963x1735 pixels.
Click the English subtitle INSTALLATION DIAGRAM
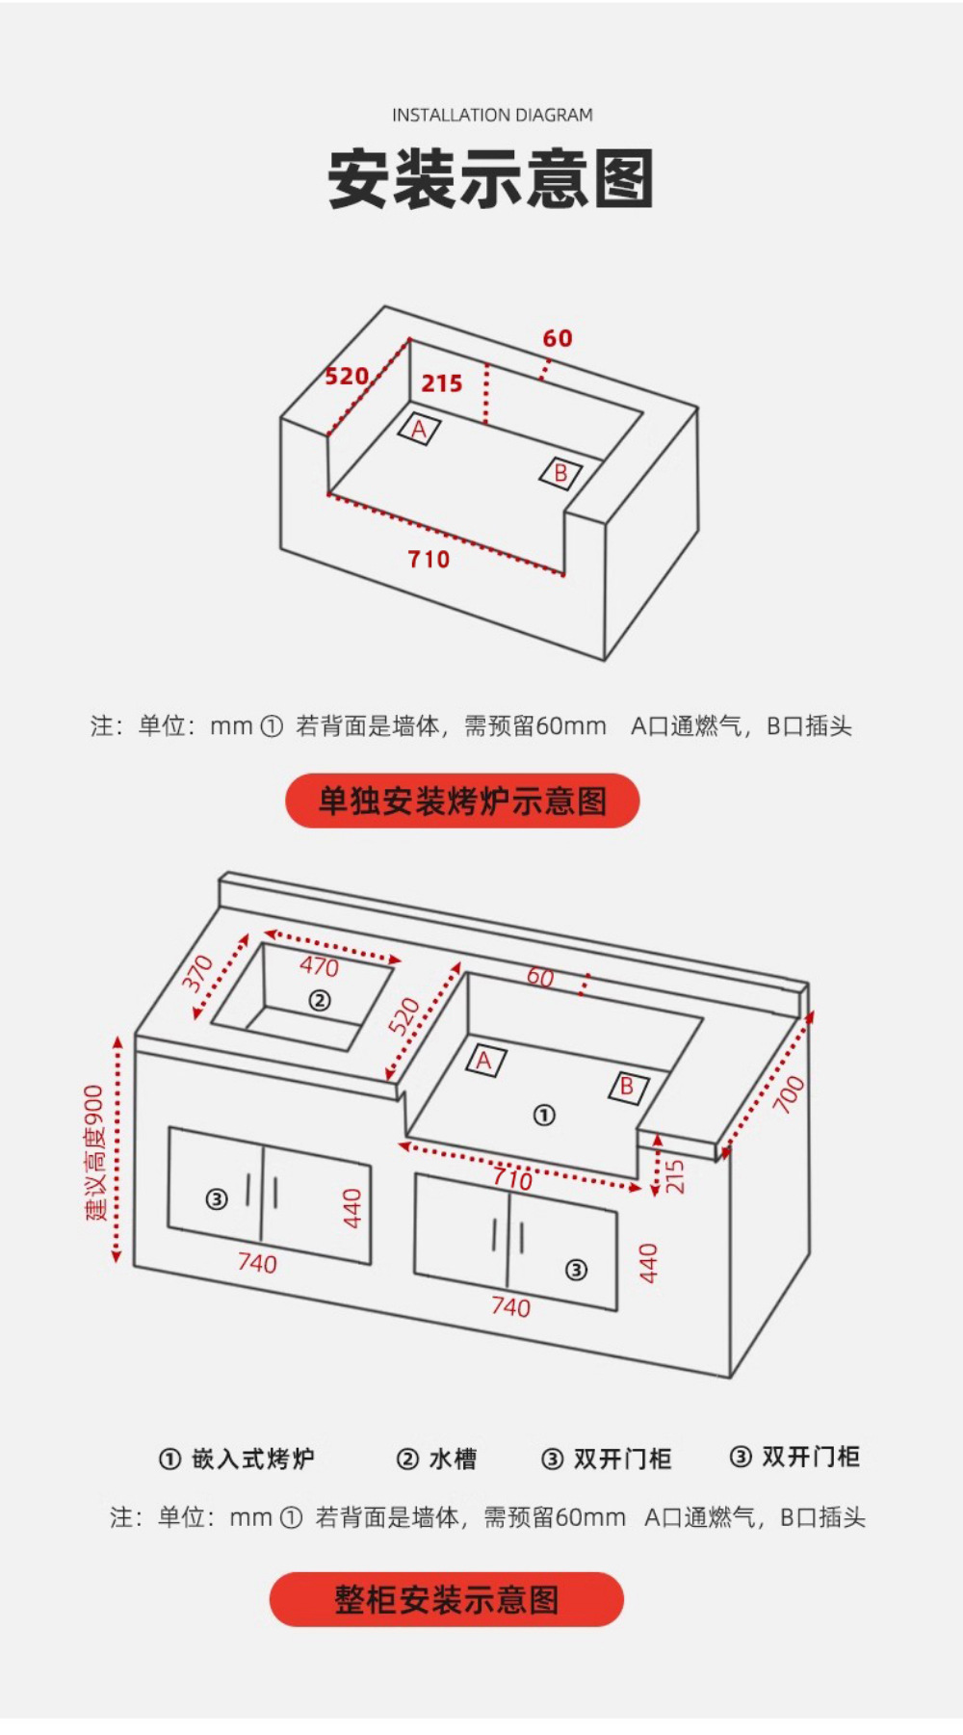click(x=492, y=116)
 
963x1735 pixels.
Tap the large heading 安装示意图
click(x=491, y=179)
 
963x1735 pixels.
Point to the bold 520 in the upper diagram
click(x=347, y=376)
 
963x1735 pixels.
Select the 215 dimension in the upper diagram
click(x=442, y=383)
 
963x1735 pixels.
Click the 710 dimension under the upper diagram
click(x=429, y=560)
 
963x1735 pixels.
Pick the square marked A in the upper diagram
click(x=419, y=430)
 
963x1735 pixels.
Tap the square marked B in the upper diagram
click(x=560, y=473)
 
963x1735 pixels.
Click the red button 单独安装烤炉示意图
click(x=462, y=801)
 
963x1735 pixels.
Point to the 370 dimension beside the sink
click(x=197, y=974)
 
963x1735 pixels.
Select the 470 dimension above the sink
click(x=319, y=965)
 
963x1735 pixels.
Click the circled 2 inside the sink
click(x=319, y=1001)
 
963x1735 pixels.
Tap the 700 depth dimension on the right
click(x=788, y=1094)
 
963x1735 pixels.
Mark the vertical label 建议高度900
click(x=94, y=1152)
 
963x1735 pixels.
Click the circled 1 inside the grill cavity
click(x=544, y=1116)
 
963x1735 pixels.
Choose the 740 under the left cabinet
click(x=257, y=1263)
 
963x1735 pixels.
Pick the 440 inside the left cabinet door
click(x=352, y=1208)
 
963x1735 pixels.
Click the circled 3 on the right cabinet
click(x=576, y=1270)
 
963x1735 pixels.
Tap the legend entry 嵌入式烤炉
click(x=252, y=1459)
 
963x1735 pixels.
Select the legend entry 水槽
click(x=452, y=1459)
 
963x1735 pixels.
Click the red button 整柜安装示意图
click(x=447, y=1600)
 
